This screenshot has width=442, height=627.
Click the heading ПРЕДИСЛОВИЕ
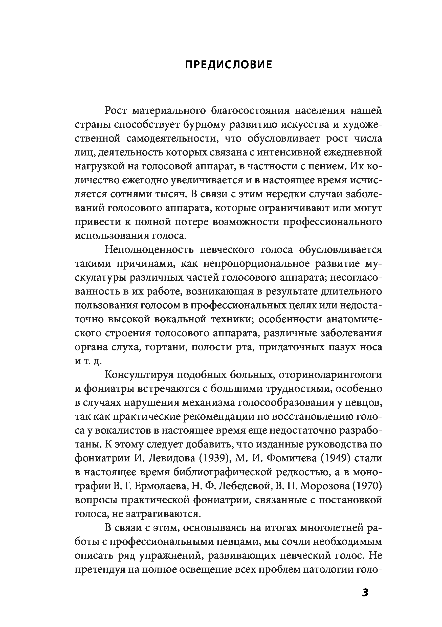[x=228, y=65]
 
